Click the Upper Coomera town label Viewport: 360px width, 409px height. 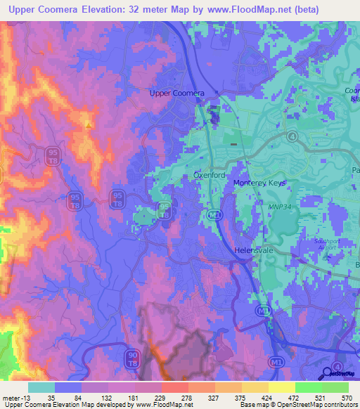click(177, 93)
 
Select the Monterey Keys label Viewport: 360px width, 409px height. click(260, 183)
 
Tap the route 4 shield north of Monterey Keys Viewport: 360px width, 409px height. click(292, 135)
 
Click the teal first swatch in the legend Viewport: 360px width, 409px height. click(41, 387)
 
